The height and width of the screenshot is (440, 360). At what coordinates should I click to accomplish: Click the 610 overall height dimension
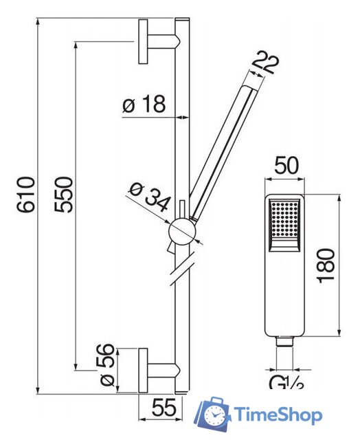click(26, 195)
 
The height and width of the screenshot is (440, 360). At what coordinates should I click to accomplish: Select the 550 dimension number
click(63, 195)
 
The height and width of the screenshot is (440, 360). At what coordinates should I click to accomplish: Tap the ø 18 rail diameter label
click(144, 104)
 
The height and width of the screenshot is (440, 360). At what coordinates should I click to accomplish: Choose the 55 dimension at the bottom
click(164, 408)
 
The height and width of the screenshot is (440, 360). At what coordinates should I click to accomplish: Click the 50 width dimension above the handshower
click(286, 166)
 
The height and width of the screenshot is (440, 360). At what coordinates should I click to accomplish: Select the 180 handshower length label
click(326, 265)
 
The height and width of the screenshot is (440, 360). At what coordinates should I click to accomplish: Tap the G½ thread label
click(286, 384)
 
